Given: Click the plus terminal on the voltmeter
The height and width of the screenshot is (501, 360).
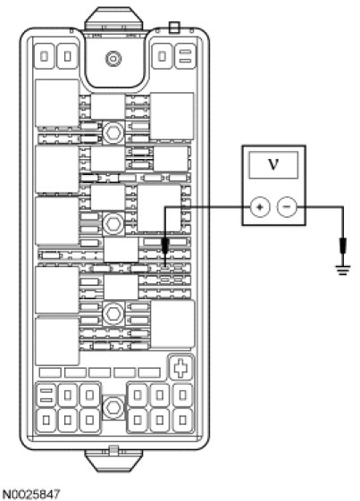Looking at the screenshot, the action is pos(260,207).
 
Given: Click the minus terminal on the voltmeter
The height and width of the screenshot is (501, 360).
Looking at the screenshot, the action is pos(287,207).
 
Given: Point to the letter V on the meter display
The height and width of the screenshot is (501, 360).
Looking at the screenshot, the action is pos(273,164).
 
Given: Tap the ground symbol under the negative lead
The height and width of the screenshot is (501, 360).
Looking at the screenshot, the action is pos(343,271).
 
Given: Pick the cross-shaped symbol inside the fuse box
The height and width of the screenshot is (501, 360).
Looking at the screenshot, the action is pos(180,367).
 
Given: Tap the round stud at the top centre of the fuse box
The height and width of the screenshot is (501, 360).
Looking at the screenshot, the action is pos(113,59).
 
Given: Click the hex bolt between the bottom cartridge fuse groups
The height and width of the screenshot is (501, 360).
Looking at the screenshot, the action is pos(113,407).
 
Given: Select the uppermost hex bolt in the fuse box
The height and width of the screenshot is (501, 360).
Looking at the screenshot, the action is pos(113,132).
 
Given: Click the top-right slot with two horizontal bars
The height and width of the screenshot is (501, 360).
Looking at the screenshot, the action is pos(186,56).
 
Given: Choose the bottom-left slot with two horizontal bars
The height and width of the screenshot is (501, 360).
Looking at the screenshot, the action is pos(46,396).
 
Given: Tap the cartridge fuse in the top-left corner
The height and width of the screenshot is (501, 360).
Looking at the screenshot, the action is pos(45,56).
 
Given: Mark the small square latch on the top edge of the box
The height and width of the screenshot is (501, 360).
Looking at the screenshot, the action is pos(174,27).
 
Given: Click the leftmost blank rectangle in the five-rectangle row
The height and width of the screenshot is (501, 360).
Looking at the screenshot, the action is pos(50,372).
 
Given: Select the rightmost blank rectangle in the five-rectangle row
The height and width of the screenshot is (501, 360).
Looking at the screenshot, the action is pos(149,372).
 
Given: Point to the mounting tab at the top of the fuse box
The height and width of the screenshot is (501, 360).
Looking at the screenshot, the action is pos(113,19).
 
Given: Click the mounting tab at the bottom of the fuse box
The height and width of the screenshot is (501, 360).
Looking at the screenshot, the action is pos(113,460).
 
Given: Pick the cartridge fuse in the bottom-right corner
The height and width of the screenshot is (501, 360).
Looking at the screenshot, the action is pos(182,420).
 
